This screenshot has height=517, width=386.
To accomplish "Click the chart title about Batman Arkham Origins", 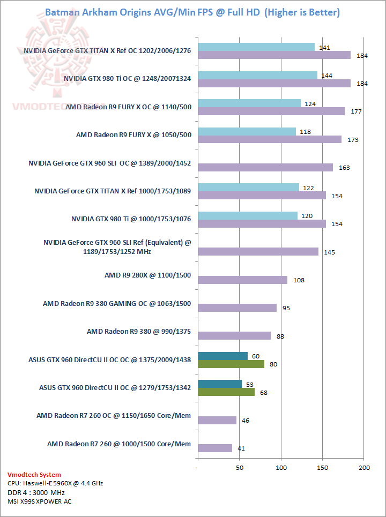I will coord(192,12).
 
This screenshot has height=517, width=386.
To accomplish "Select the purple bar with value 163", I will coord(265,167).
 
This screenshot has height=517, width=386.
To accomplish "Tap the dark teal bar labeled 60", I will coord(222,356).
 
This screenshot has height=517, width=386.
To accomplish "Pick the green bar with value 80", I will coord(231,364).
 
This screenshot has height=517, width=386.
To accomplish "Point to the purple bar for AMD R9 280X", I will coord(242,280).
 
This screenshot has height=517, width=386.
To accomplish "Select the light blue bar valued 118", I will coord(247,131).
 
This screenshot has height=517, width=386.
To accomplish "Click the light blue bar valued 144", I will coord(257,75).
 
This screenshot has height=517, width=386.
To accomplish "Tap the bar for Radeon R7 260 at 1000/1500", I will coord(215,448).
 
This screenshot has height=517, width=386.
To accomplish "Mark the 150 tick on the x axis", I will coord(322,468).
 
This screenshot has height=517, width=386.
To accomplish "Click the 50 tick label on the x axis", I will coord(240,468).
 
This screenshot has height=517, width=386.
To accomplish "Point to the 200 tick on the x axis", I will coord(364,468).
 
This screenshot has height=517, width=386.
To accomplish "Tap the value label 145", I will coord(329,252).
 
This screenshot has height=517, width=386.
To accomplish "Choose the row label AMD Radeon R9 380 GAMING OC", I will coord(117,304).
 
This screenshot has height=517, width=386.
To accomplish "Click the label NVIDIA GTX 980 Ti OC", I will coord(128,79).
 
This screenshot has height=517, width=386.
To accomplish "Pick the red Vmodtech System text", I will coord(34,475).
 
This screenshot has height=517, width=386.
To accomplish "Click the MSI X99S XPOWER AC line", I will coord(39,501).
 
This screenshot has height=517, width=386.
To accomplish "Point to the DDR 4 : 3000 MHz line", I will coord(36,492).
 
